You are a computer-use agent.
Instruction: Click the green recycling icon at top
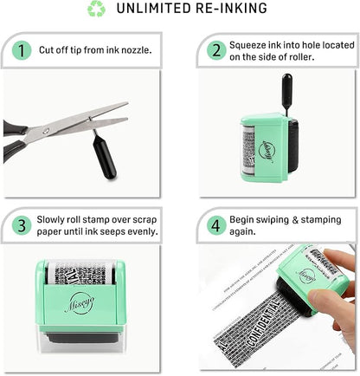[96, 10]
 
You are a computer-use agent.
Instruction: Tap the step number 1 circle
[20, 49]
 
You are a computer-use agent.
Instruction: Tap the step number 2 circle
[214, 49]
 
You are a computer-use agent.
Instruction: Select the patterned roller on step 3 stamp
[80, 273]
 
